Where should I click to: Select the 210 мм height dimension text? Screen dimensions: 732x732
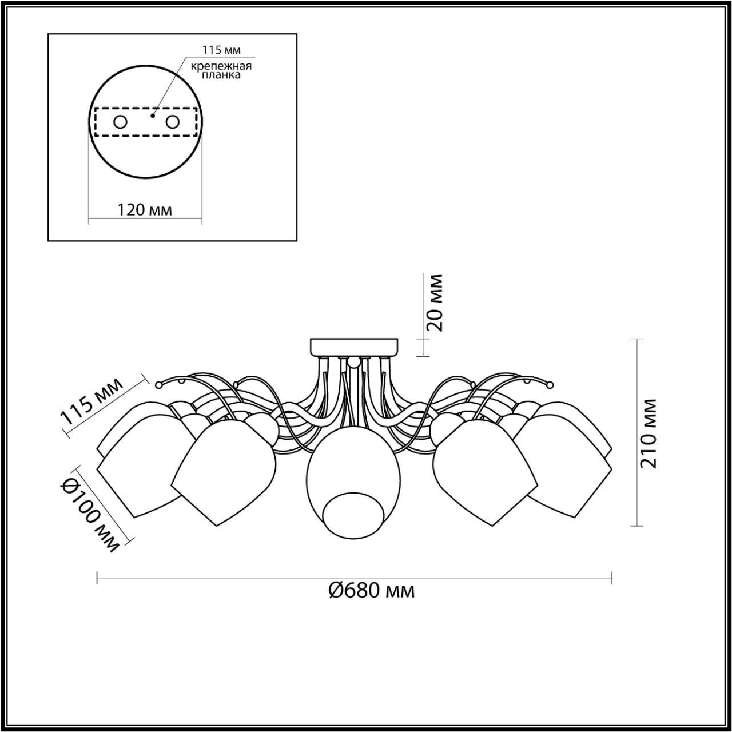(x=648, y=433)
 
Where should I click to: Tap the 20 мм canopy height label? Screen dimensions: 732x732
(x=435, y=303)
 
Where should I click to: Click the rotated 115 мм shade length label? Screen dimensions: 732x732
(x=92, y=402)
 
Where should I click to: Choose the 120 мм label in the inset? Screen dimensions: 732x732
(x=144, y=209)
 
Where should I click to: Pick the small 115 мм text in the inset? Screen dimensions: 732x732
(x=221, y=50)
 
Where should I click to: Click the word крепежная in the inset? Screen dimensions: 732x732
(x=221, y=66)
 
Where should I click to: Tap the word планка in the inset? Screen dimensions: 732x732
(x=221, y=75)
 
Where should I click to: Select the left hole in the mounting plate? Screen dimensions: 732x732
(x=121, y=122)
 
